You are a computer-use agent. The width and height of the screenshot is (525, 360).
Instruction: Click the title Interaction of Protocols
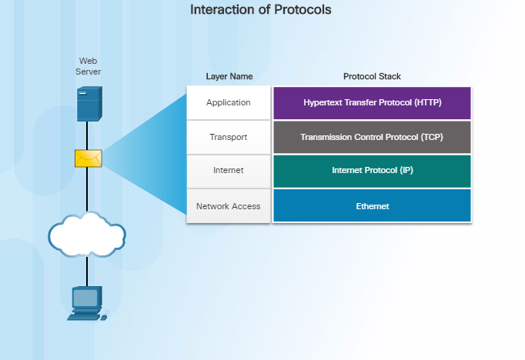click(261, 10)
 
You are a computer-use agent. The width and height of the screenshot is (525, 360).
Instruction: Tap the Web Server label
click(88, 66)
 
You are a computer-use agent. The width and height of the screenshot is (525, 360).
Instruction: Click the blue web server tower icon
click(89, 104)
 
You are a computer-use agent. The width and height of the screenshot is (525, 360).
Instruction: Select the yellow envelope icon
click(88, 158)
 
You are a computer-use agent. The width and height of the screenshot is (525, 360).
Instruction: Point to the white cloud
click(87, 235)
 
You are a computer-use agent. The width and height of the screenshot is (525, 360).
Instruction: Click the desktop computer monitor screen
click(85, 298)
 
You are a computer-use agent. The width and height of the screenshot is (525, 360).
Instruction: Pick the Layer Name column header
click(229, 76)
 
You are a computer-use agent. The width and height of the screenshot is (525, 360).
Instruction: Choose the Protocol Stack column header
click(372, 76)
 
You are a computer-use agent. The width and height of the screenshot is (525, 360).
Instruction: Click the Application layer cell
click(229, 103)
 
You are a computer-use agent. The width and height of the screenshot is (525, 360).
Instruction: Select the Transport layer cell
click(229, 137)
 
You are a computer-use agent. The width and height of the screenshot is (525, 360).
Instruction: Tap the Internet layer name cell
click(229, 172)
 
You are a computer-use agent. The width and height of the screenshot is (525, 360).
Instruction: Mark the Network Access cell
click(229, 206)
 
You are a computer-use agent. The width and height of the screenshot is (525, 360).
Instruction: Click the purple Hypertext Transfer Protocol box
click(372, 103)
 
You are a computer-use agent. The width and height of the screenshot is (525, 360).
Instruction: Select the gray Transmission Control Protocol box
click(372, 137)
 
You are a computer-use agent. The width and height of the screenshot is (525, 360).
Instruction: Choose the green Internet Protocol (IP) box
click(372, 172)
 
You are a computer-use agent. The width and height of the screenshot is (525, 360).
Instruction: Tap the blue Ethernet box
click(372, 205)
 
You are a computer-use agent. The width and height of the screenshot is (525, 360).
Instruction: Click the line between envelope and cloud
click(87, 189)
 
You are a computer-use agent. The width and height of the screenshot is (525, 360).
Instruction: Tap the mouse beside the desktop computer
click(104, 317)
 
